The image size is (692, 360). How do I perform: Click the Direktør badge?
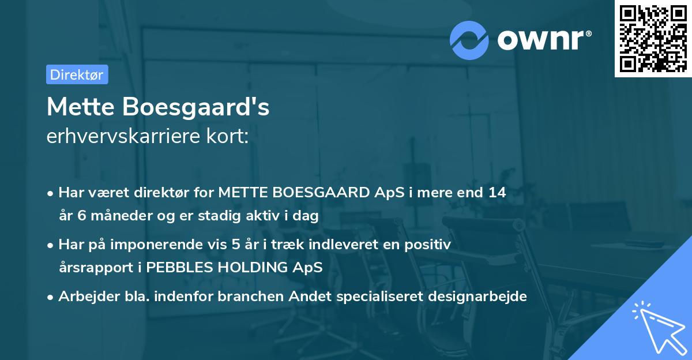coord(77,74)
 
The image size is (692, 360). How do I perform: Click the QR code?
coord(653,38)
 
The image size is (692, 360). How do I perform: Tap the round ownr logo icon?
coord(469,40)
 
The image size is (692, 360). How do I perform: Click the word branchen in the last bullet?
coord(249,297)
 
